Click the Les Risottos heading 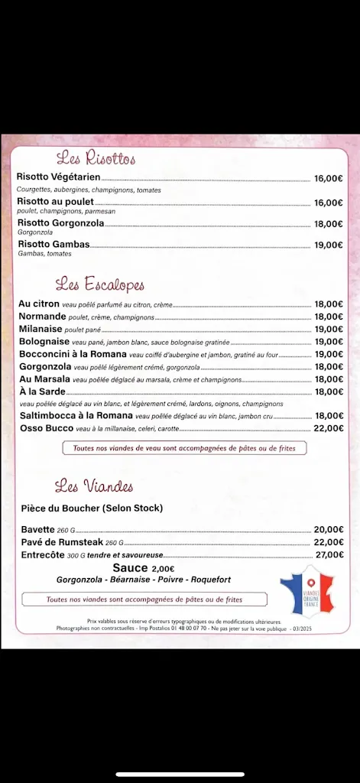96,159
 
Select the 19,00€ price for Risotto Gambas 328,245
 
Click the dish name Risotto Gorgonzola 60,223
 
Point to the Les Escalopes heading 100,285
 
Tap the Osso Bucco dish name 46,428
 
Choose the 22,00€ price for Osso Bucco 328,428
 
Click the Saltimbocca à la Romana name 76,416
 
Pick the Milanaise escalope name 41,329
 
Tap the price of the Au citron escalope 328,304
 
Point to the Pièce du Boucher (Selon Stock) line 92,508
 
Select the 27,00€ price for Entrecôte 329,554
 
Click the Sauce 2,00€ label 144,568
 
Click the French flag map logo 308,590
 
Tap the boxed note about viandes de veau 183,448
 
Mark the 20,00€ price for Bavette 329,529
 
